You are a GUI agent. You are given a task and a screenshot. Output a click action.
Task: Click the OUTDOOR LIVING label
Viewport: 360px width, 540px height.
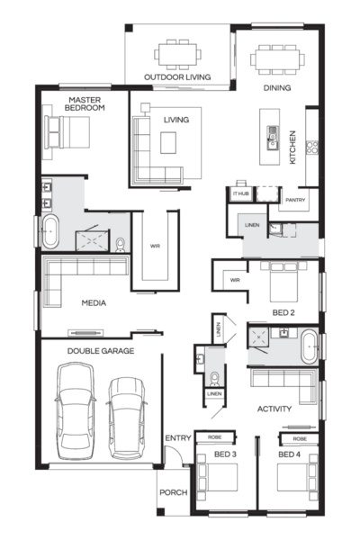pos(177,77)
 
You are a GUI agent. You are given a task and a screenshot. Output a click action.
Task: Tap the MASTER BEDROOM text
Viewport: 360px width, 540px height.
pos(85,103)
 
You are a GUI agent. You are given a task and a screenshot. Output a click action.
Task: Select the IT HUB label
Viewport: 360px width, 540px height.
pos(240,193)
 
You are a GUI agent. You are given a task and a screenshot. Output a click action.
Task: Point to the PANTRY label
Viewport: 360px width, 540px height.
pos(296,200)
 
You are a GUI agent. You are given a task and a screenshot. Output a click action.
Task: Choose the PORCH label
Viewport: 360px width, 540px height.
pos(173,492)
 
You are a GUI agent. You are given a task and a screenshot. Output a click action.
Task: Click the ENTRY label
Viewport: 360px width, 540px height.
pos(178,438)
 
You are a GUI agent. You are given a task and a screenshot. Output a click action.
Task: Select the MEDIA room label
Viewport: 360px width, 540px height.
pos(94,303)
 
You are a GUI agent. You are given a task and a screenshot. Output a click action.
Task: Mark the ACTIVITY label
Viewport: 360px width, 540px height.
pos(274,409)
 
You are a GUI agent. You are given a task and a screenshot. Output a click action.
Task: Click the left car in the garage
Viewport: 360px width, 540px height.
pos(74,409)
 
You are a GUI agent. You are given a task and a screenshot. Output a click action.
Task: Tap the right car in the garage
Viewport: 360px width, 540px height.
pos(127,414)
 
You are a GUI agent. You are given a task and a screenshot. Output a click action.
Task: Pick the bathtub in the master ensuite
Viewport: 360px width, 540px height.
pos(49,232)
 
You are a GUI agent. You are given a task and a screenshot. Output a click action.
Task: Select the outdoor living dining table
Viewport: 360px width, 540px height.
pos(177,54)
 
